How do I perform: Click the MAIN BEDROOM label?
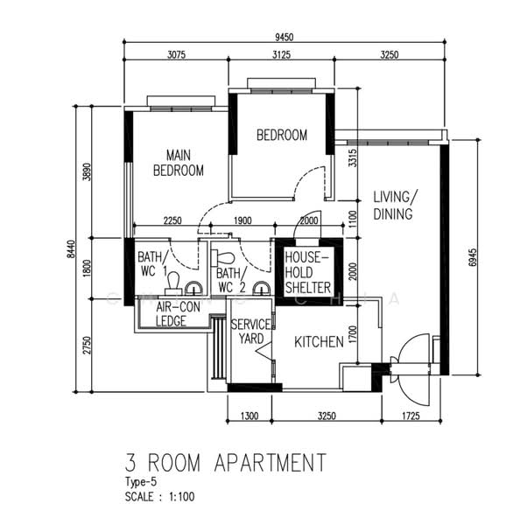coord(179,163)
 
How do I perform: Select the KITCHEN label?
coord(318,342)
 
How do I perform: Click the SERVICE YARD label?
coord(250,332)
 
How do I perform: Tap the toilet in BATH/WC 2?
coord(225,260)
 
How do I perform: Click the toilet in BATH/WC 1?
coord(173,280)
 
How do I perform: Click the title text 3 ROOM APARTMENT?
coord(225,461)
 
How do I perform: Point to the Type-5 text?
coord(142,482)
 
